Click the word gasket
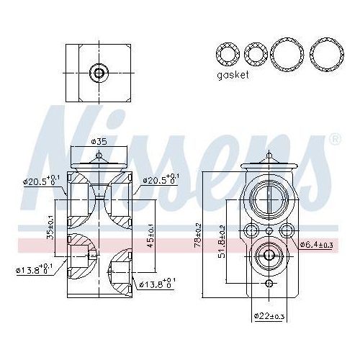tap(233, 75)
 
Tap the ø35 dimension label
tap(100, 141)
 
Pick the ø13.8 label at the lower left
tap(35, 269)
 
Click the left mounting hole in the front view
tap(250, 231)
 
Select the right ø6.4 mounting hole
tap(286, 231)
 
